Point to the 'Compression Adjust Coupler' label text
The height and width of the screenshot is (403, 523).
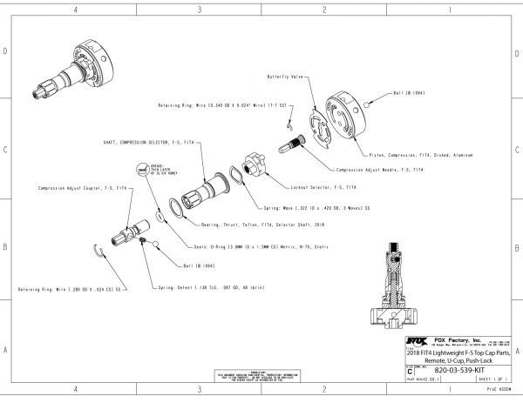point(74,187)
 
